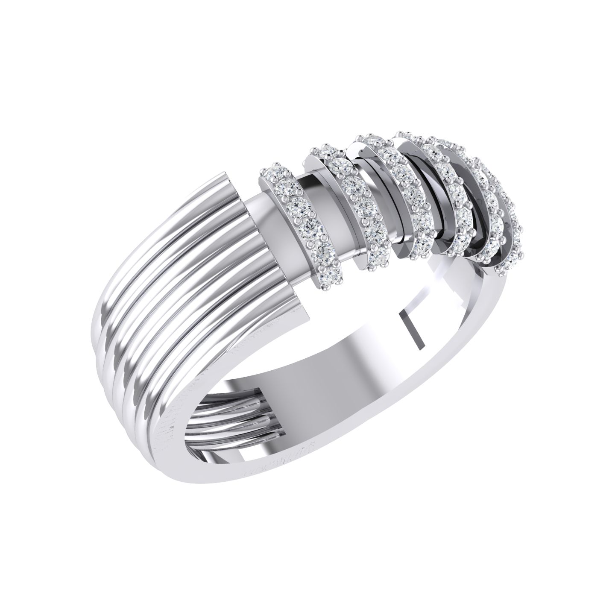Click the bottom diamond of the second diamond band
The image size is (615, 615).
point(377,259)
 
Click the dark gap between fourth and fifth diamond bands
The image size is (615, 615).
point(470,201)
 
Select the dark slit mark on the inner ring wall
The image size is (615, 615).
point(412,329)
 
